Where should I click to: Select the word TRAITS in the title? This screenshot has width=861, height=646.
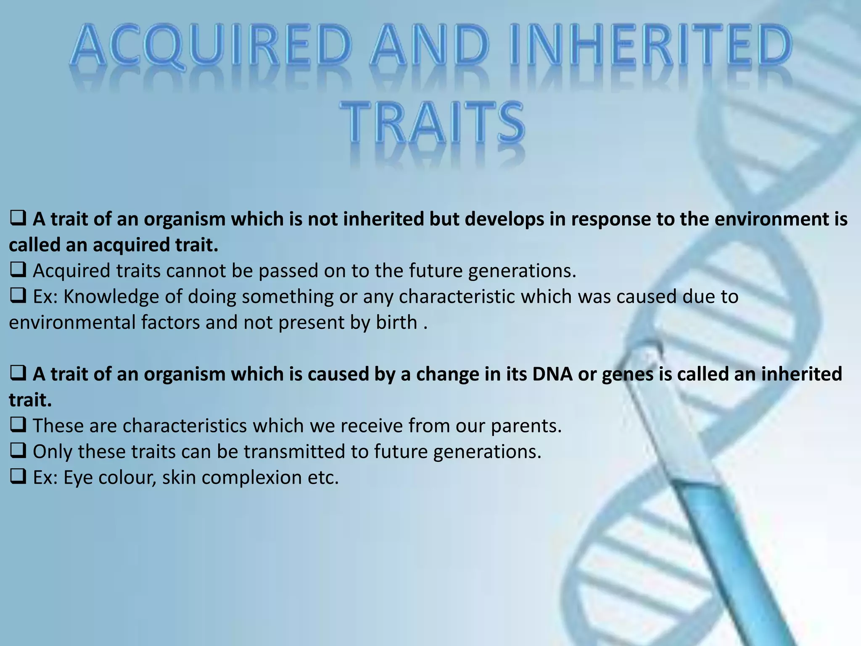pyautogui.click(x=432, y=122)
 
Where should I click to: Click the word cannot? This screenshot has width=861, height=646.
pyautogui.click(x=196, y=270)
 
